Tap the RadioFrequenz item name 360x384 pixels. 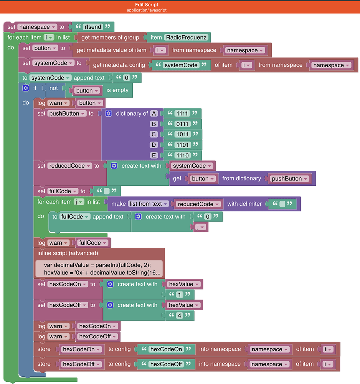click(x=186, y=37)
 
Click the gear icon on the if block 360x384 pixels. click(x=26, y=88)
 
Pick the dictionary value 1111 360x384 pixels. click(x=181, y=114)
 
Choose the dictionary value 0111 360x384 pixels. click(x=182, y=124)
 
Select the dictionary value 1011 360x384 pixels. click(x=182, y=134)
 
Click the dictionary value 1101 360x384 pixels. click(x=182, y=145)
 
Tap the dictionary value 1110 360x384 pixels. click(x=182, y=155)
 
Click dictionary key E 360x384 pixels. click(x=154, y=155)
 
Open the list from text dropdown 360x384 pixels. click(x=149, y=204)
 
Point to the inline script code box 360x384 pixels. click(x=99, y=269)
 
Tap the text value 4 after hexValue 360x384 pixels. click(x=179, y=315)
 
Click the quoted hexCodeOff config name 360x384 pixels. click(x=166, y=364)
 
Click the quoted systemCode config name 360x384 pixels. click(x=180, y=65)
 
